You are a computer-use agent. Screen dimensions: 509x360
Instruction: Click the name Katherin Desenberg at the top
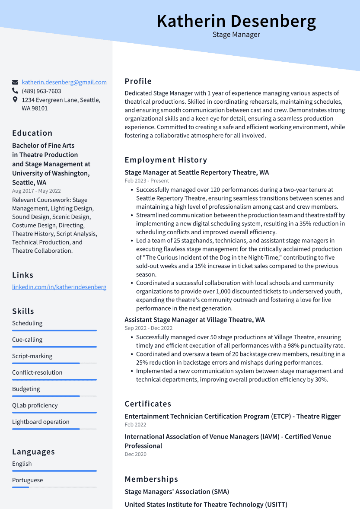(236, 21)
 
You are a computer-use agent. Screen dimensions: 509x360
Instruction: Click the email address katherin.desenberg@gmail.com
(64, 82)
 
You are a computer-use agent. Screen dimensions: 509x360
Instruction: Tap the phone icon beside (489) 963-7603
(15, 91)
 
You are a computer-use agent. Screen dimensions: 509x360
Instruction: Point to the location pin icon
(15, 100)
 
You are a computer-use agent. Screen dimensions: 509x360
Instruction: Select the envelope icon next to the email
(15, 82)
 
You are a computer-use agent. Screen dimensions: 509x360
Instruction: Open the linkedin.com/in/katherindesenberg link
(59, 287)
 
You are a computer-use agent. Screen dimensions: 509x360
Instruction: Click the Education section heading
(32, 133)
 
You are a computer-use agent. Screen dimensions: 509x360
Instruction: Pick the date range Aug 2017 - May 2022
(36, 191)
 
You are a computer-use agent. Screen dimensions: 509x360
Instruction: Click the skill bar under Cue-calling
(54, 347)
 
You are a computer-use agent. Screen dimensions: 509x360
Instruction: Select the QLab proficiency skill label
(35, 405)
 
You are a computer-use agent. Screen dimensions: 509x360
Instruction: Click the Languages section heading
(33, 452)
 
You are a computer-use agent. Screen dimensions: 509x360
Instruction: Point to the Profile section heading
(138, 81)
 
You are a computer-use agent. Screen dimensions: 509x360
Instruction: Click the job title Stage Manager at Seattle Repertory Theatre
(197, 172)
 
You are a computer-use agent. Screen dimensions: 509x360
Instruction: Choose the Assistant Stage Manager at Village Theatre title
(194, 320)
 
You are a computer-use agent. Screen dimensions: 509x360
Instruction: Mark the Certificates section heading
(148, 404)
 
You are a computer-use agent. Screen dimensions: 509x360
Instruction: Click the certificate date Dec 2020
(135, 454)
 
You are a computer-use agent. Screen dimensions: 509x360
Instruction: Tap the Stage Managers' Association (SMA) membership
(177, 492)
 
